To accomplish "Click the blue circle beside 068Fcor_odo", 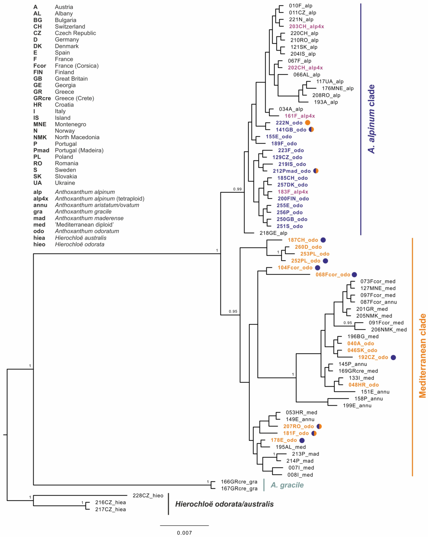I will point(354,274).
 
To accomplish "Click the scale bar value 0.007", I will point(184,533).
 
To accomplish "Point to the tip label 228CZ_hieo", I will point(148,496).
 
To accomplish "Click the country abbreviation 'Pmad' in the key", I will point(41,150).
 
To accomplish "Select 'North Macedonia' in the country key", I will point(77,137).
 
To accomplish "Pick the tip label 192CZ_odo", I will point(373,357).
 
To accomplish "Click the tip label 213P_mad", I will point(305,454).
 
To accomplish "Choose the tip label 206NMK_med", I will point(389,329).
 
